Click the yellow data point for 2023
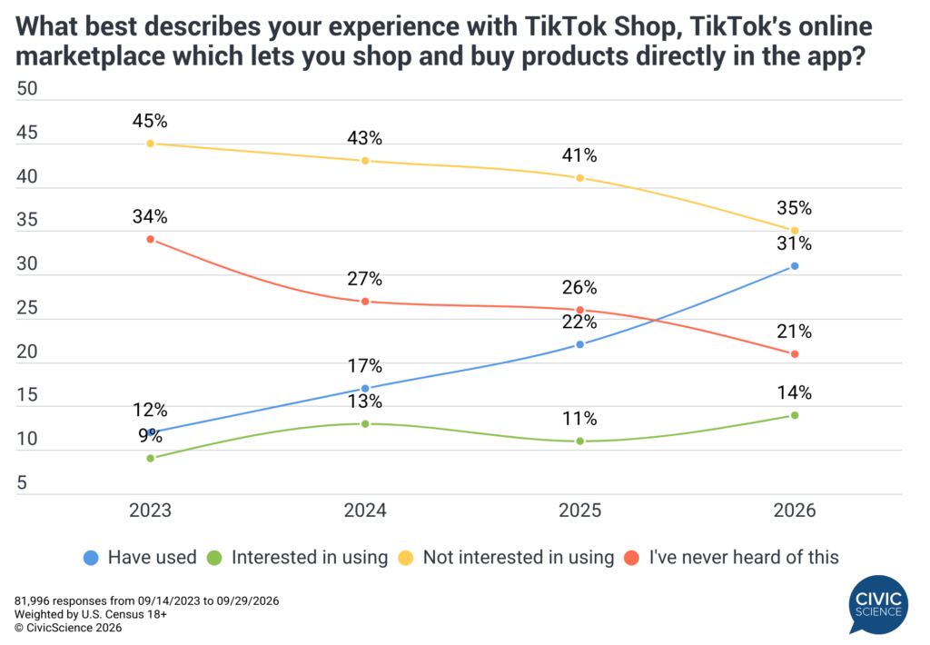pyautogui.click(x=151, y=144)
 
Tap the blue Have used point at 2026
pyautogui.click(x=795, y=266)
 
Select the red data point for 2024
pyautogui.click(x=365, y=302)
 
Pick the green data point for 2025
pyautogui.click(x=580, y=441)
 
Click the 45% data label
pyautogui.click(x=150, y=121)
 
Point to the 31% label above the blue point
pyautogui.click(x=794, y=243)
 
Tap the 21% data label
pyautogui.click(x=794, y=331)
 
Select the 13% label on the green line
pyautogui.click(x=365, y=402)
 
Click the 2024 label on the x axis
pyautogui.click(x=365, y=511)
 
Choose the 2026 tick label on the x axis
pyautogui.click(x=795, y=511)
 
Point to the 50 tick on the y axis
pyautogui.click(x=26, y=88)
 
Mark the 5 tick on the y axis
pyautogui.click(x=22, y=482)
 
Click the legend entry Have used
pyautogui.click(x=140, y=558)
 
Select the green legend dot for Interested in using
pyautogui.click(x=214, y=558)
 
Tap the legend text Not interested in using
pyautogui.click(x=519, y=558)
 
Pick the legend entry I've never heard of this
pyautogui.click(x=731, y=558)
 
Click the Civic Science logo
pyautogui.click(x=878, y=605)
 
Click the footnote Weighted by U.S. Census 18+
pyautogui.click(x=91, y=615)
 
